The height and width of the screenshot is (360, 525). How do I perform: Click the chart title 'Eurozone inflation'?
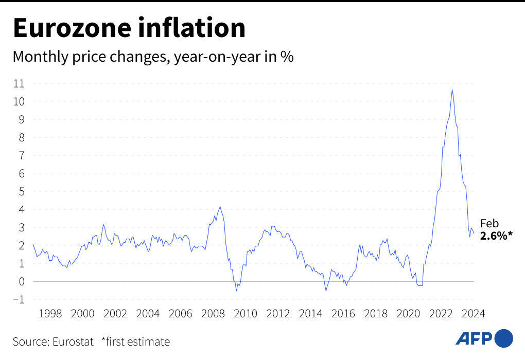click(x=129, y=28)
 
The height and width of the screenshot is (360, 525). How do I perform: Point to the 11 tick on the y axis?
click(x=19, y=83)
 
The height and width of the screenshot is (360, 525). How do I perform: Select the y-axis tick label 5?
click(x=21, y=191)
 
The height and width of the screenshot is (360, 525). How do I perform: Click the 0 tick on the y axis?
click(x=21, y=281)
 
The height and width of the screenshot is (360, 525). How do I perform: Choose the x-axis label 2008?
click(x=213, y=313)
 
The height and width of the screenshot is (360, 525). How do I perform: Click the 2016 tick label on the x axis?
click(x=343, y=313)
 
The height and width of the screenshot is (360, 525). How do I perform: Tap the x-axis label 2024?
click(x=474, y=313)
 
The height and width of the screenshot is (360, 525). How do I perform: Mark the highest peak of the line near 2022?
click(x=452, y=90)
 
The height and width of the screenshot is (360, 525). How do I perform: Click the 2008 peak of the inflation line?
click(x=220, y=207)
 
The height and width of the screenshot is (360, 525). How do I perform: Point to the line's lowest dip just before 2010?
click(x=236, y=291)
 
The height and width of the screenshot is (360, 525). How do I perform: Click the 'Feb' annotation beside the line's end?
click(x=489, y=224)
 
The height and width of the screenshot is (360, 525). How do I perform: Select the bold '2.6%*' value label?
click(x=496, y=237)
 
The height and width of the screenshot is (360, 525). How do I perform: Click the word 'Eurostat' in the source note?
click(x=72, y=341)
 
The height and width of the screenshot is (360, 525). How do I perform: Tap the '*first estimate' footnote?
click(x=135, y=341)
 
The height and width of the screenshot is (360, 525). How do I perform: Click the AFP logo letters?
click(x=474, y=338)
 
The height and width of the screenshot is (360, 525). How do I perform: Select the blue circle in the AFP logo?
click(x=504, y=338)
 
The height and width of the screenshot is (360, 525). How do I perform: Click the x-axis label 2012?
click(x=278, y=313)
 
